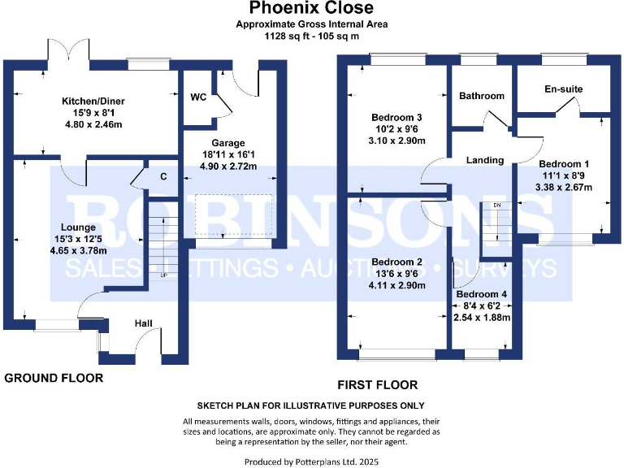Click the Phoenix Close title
point(311,9)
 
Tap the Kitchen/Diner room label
point(93,102)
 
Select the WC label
point(198,97)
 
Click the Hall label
point(144,324)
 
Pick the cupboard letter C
point(163,176)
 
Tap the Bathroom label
point(482,96)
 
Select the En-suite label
point(564,89)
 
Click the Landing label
point(485,160)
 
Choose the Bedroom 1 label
point(565,161)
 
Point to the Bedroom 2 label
point(396,262)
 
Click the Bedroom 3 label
point(396,118)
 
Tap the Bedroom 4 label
point(483,294)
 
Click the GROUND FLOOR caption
point(54,378)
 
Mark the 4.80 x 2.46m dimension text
point(93,124)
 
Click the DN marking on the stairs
point(497,206)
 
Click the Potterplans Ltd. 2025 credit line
point(311,461)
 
